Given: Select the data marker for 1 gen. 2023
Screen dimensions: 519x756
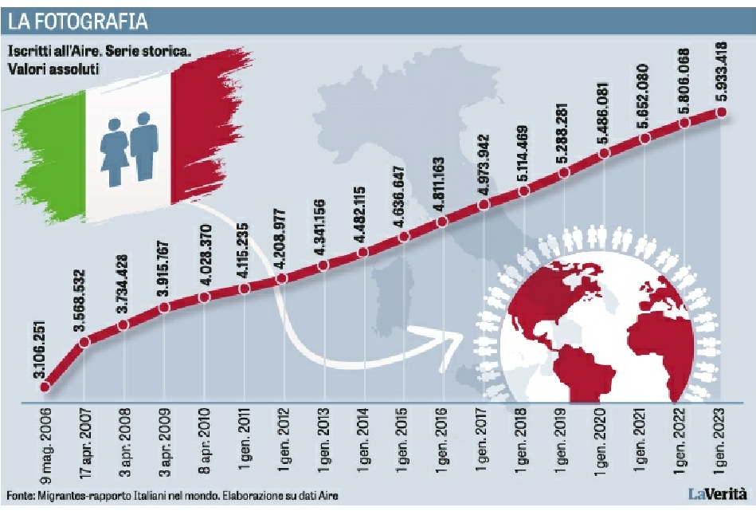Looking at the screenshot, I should pyautogui.click(x=722, y=112).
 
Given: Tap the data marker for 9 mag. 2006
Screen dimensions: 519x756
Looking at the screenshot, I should pyautogui.click(x=45, y=387).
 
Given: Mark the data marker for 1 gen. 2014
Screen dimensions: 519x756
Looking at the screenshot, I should pyautogui.click(x=363, y=252).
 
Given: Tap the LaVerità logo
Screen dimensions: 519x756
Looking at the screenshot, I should pyautogui.click(x=717, y=494).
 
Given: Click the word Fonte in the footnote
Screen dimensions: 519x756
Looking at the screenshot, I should pyautogui.click(x=18, y=496).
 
